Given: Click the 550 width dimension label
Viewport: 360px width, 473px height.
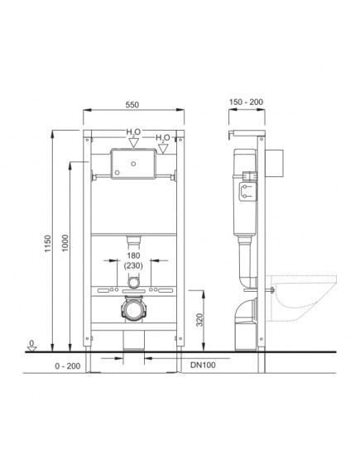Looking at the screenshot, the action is coord(132,105).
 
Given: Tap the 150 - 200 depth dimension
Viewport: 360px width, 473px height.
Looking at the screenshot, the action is coord(246,102).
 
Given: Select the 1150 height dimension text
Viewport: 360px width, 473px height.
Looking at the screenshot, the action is coord(48,243).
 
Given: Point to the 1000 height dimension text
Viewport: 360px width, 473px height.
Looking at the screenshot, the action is coord(65,243).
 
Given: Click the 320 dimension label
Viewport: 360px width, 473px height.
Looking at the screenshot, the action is coord(199,320).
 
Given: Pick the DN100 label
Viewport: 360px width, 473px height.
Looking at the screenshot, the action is coord(203,365).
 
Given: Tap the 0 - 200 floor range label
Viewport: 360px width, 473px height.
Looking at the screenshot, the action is coord(68,365).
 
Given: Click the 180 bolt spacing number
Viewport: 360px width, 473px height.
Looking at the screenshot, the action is coord(133,256).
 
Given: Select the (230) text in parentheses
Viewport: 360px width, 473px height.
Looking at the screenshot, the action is coord(133,265).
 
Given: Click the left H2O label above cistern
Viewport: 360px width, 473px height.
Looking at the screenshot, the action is coord(133,132).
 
